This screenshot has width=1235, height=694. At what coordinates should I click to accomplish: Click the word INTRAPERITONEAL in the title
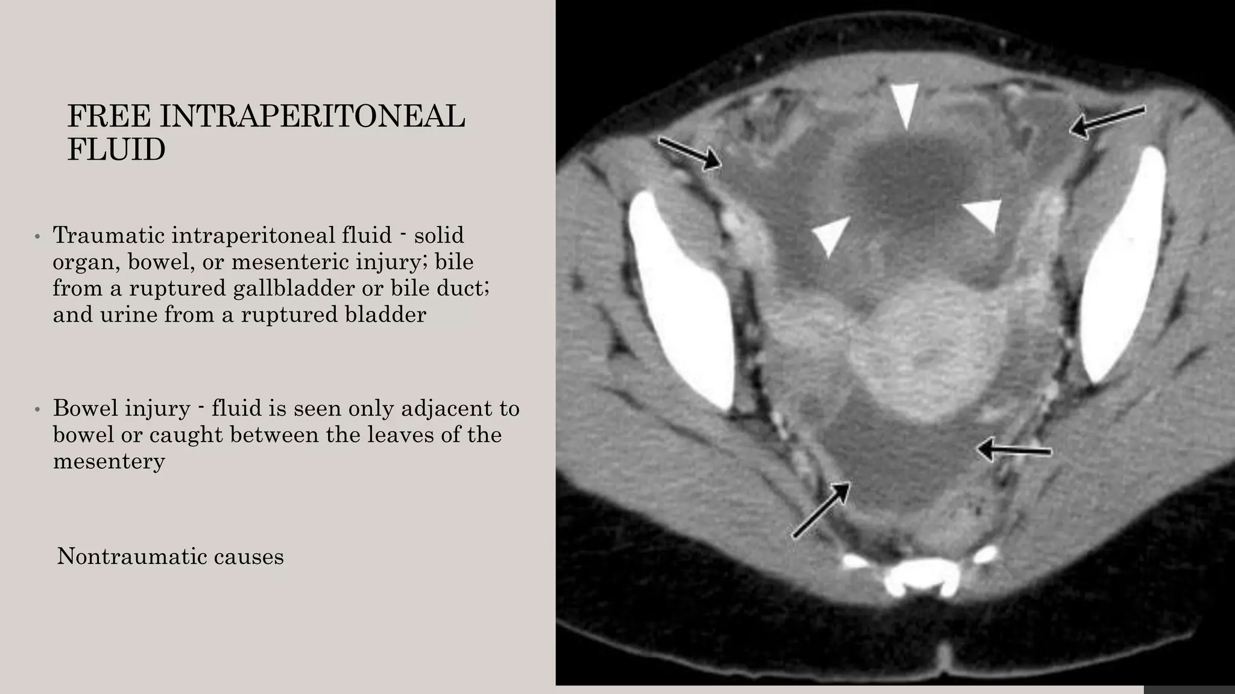312,116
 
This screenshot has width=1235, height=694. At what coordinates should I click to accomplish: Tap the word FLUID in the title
116,149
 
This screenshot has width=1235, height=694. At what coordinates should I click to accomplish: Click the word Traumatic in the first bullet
108,235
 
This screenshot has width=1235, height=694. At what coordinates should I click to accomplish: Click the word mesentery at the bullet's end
109,461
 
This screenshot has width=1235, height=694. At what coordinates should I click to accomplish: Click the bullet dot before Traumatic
37,237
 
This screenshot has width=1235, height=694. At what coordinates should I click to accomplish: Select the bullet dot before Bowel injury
37,410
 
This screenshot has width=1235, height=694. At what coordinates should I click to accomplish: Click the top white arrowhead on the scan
906,104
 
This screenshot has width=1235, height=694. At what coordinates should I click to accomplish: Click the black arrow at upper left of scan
689,153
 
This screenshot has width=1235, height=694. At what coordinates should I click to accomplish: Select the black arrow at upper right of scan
1107,122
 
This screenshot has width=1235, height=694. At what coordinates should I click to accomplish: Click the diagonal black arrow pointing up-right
821,510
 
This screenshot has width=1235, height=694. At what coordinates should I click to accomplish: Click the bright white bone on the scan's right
1123,265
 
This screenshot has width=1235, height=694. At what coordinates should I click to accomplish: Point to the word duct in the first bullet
463,288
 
